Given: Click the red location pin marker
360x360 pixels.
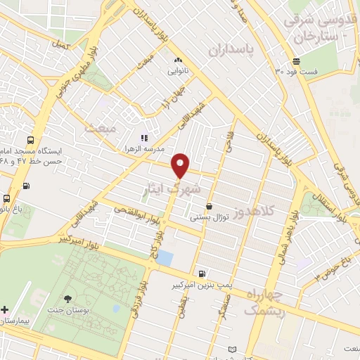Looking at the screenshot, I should point(181,165).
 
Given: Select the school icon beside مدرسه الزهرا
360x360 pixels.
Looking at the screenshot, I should point(144,138).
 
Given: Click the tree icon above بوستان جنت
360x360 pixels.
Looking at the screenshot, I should point(69,300).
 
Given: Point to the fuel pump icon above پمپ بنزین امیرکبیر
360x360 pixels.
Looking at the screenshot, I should point(202,274).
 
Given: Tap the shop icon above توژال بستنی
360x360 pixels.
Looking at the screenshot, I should point(210,206).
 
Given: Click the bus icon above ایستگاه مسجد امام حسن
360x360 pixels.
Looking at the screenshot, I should point(30,140).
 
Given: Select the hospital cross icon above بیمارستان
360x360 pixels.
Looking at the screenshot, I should point(5,309).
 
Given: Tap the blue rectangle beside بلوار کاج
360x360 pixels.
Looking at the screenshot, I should point(165,257).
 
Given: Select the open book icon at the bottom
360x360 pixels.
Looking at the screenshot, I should point(233,349).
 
